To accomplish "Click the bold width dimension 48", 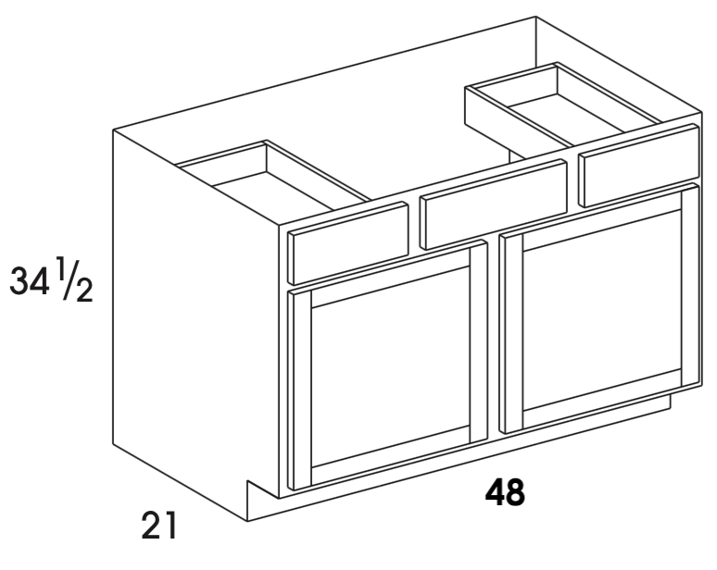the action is (505, 493).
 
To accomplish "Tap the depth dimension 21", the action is (158, 526).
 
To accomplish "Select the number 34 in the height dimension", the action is (29, 281).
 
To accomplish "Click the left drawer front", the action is (348, 242).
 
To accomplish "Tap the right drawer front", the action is (639, 166).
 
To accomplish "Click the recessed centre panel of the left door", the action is (391, 368).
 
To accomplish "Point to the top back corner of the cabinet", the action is (536, 18).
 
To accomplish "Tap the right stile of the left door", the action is (478, 342).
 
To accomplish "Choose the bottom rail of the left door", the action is (389, 458).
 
